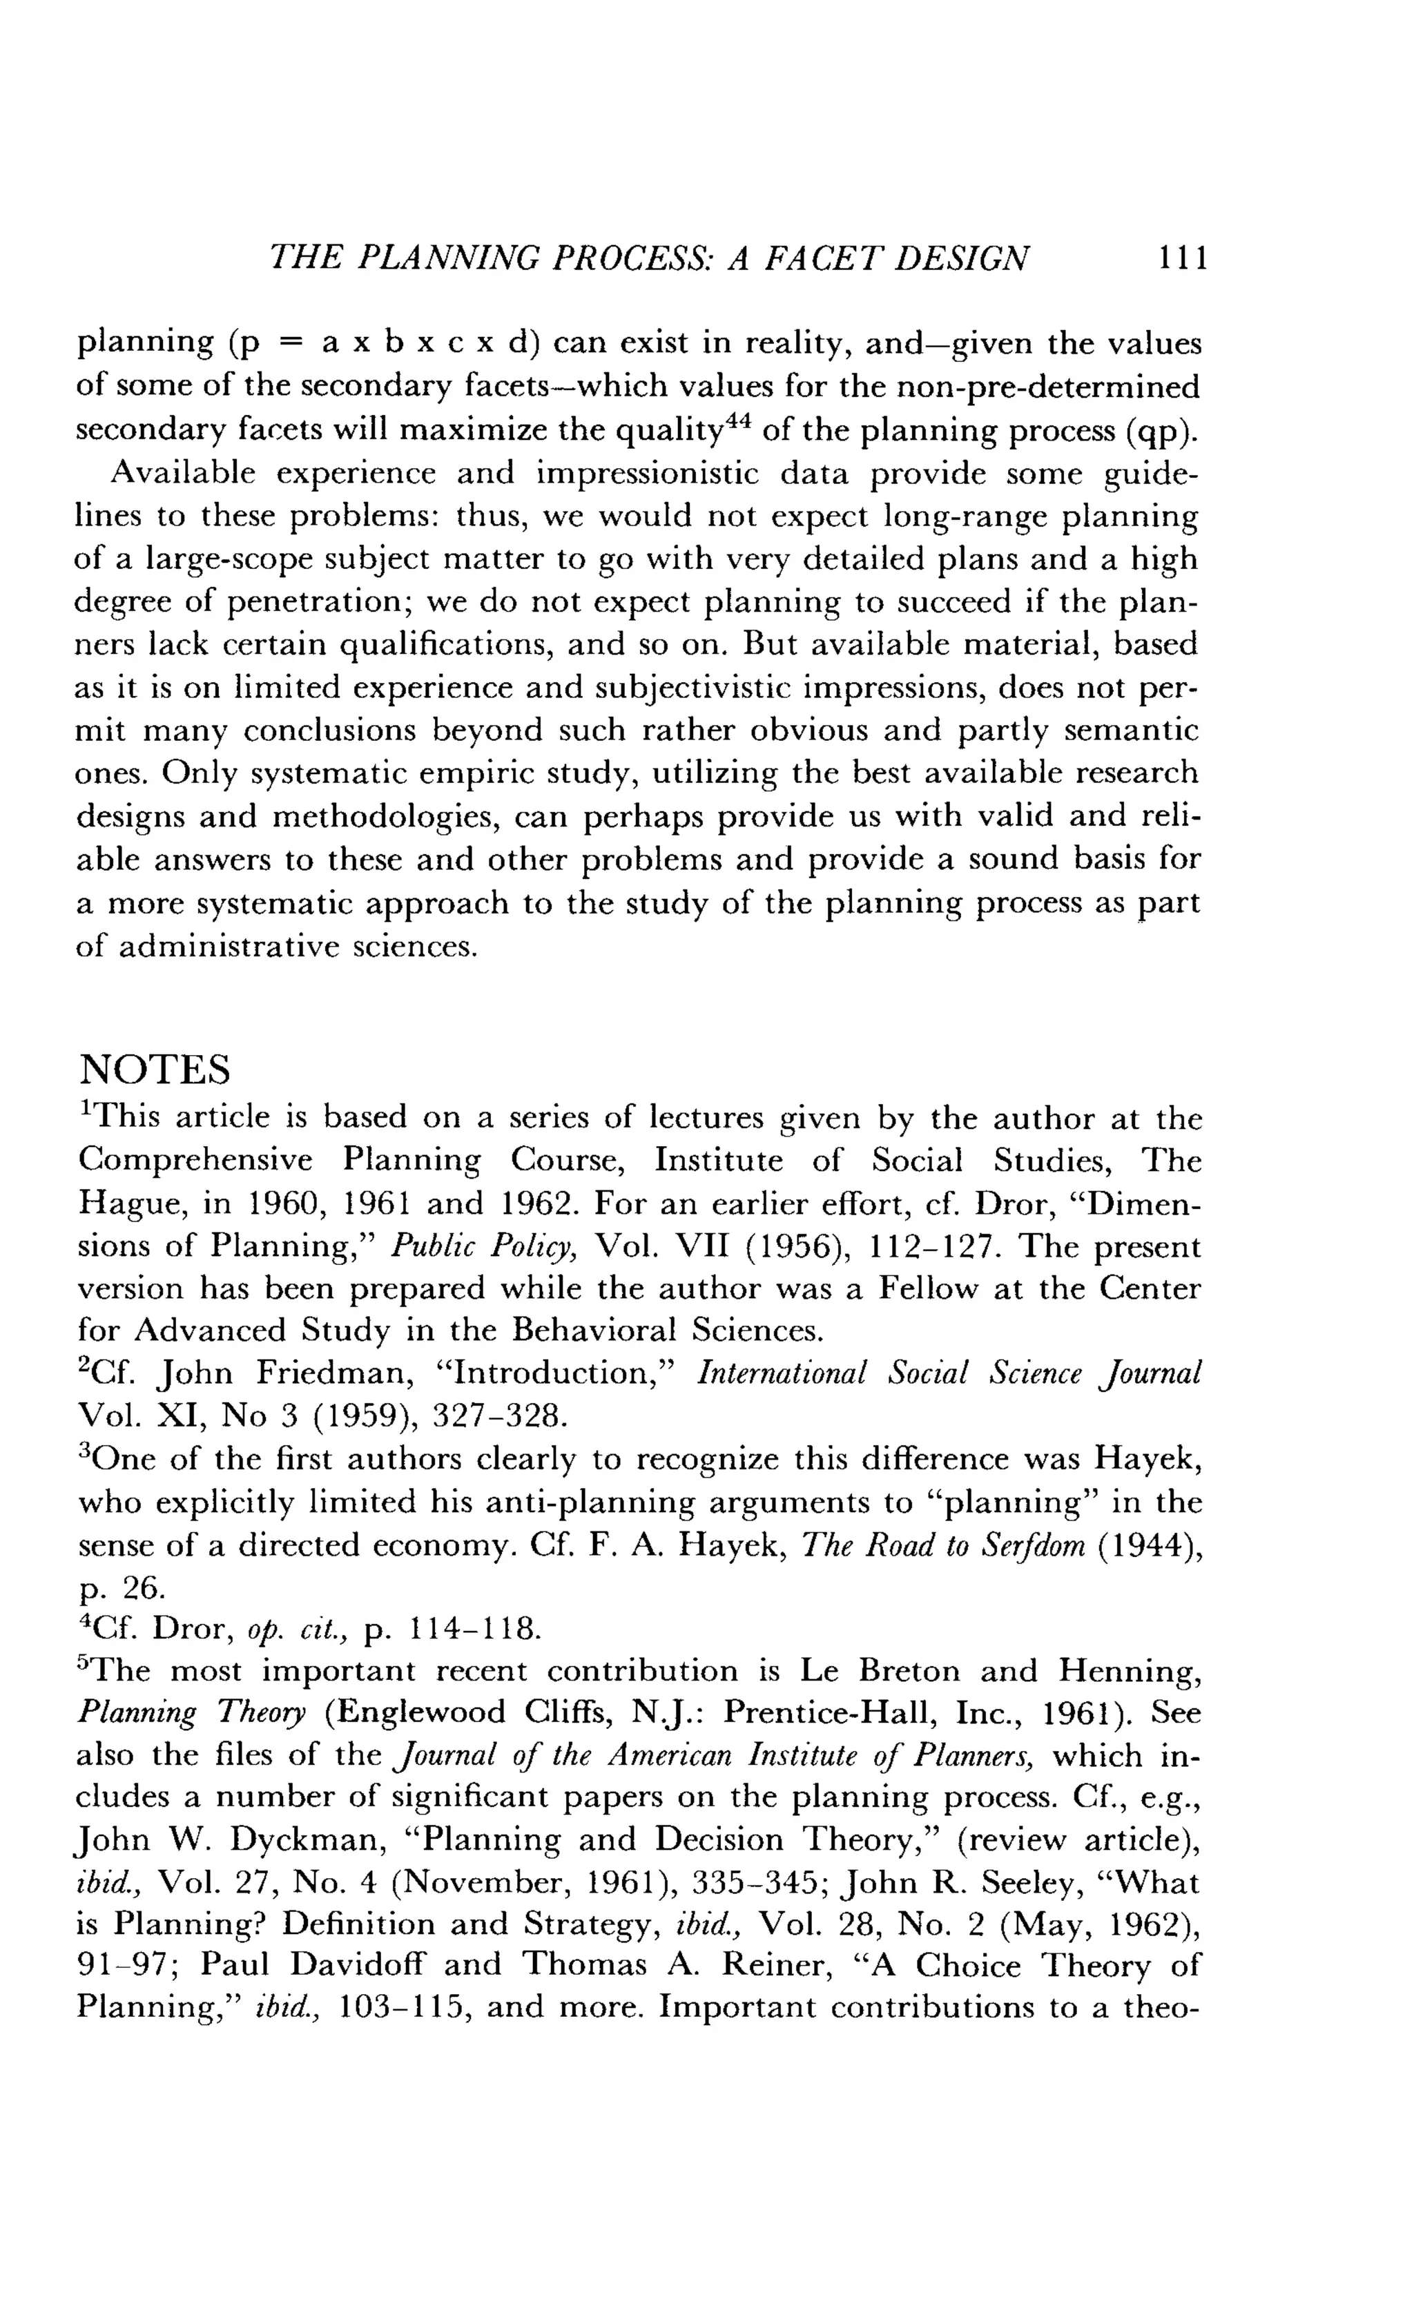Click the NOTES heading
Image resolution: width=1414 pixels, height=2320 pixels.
pyautogui.click(x=155, y=1070)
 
